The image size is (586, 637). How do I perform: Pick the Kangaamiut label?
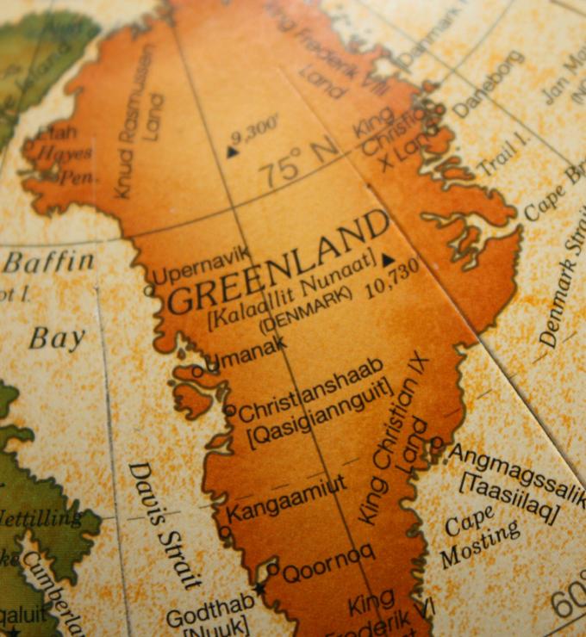click(286, 498)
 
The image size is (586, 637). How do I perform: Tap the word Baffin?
click(48, 263)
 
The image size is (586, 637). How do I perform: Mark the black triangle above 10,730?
click(388, 259)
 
